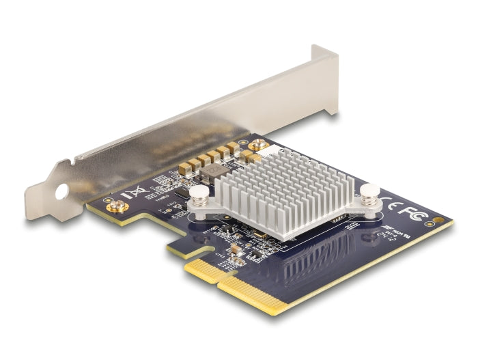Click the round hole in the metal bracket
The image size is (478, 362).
(61, 192)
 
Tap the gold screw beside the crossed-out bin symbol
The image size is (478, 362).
(116, 207)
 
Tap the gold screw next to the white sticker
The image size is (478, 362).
(259, 145)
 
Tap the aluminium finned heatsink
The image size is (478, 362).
(287, 188)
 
